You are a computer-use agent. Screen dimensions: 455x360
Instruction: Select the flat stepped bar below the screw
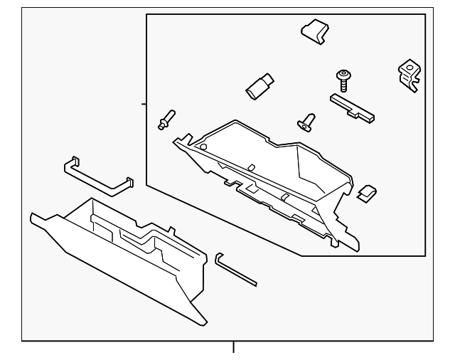coord(353,107)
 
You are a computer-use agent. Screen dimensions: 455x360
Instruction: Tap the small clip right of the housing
coord(367,193)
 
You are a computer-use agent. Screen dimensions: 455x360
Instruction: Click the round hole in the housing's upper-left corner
coord(203,147)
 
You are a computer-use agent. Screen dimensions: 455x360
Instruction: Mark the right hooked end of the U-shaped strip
coord(129,182)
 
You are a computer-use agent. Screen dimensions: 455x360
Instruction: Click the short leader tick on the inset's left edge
coord(143,104)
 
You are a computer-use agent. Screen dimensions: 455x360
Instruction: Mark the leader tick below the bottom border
coord(232,348)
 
